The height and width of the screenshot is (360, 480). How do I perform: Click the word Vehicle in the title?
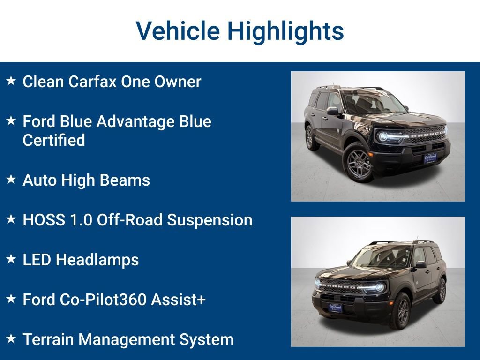point(178,31)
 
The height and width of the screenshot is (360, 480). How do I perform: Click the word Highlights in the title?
point(285,31)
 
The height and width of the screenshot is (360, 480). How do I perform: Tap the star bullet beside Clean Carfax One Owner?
point(11,81)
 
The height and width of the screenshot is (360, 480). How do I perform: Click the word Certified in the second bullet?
point(54,140)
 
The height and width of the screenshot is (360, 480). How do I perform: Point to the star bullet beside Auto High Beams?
point(11,180)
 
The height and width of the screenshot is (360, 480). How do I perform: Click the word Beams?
point(128,180)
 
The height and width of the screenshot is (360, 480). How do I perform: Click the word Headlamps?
point(97,260)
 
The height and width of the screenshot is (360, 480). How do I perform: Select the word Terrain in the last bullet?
point(50,339)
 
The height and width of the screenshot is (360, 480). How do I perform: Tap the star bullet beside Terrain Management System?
point(11,338)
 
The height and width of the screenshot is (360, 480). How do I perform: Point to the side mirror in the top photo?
point(332,111)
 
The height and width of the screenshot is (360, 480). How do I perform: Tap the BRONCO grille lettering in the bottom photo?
point(337,285)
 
